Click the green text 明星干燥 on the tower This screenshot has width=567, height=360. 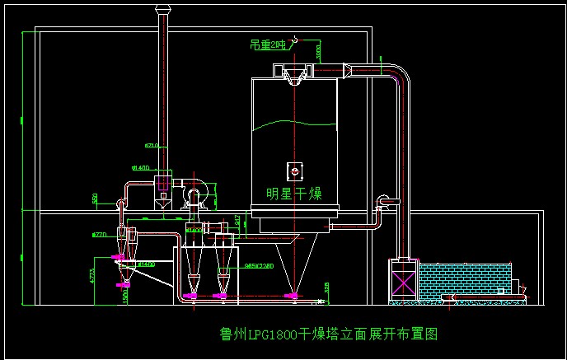point(294,194)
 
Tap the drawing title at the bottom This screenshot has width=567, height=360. point(328,334)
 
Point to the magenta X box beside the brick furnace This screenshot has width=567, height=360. point(404,281)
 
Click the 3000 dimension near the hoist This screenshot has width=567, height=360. point(319,51)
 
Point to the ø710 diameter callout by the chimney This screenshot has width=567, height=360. point(152,146)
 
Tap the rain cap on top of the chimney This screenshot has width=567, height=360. point(162,9)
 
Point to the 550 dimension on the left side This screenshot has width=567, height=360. point(96,199)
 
